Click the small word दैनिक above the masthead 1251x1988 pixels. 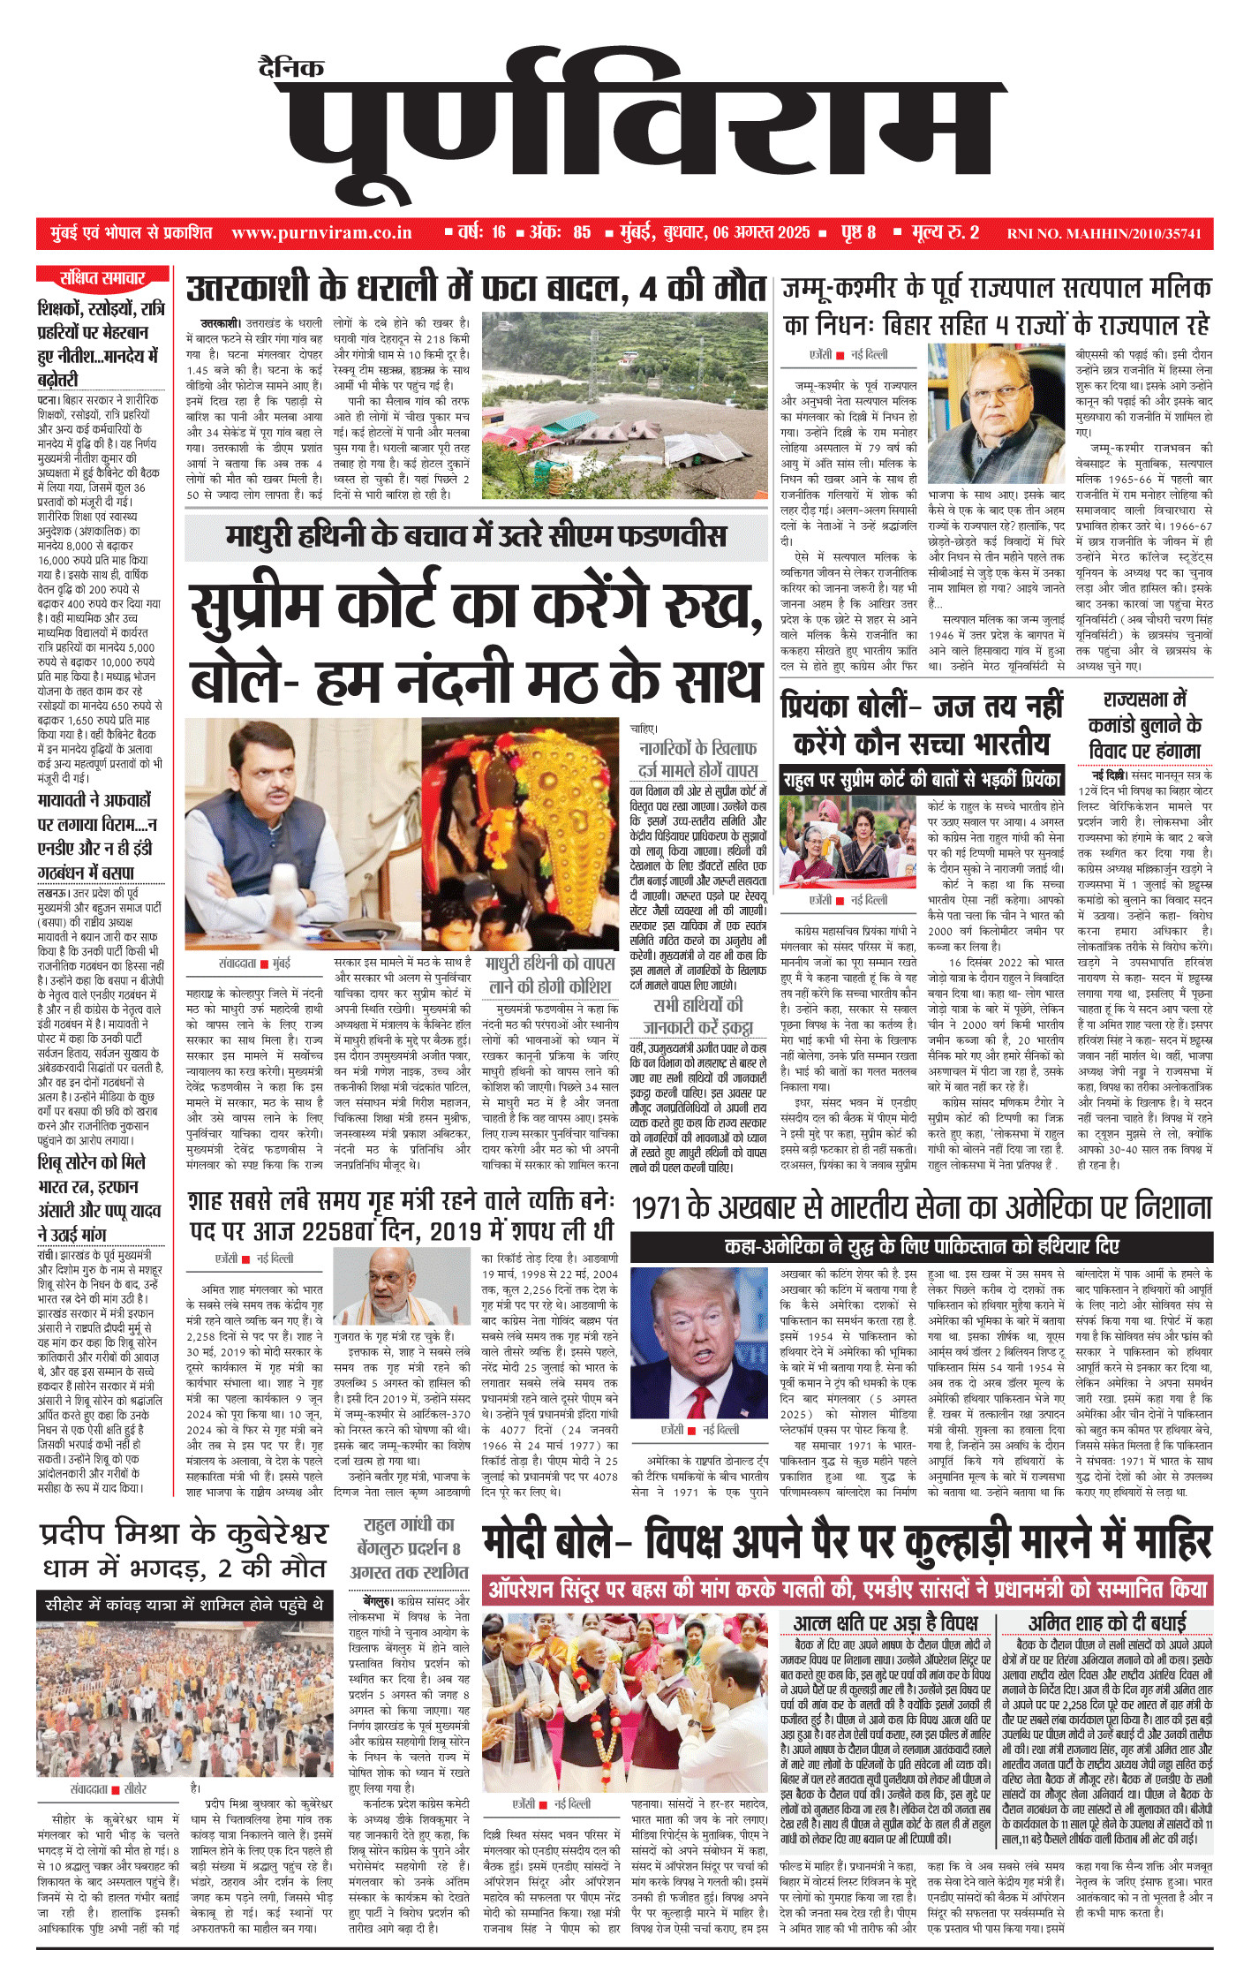coord(291,67)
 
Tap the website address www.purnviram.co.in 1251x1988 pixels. coord(321,233)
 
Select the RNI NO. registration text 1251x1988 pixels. coord(1104,234)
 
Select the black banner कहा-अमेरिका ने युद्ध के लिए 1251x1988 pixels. coord(922,1246)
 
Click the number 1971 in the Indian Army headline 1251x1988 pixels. coord(664,1207)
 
